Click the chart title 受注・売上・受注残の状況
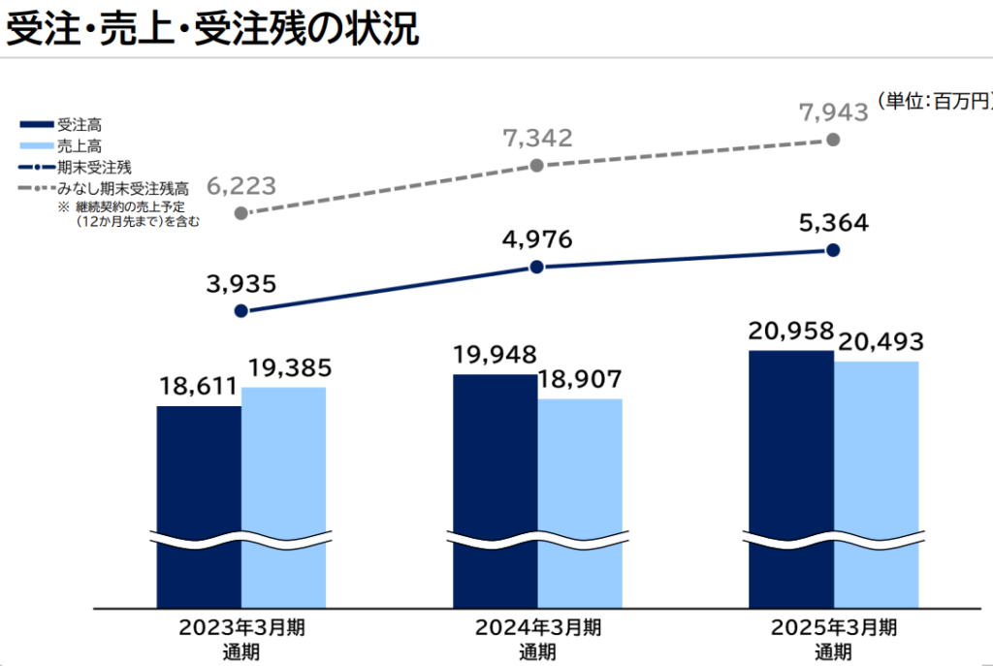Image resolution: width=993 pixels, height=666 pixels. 212,28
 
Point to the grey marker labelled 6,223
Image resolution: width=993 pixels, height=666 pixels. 241,212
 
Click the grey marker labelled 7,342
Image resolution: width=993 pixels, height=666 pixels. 538,166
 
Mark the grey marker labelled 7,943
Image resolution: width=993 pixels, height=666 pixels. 833,140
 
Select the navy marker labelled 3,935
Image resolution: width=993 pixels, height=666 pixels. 241,311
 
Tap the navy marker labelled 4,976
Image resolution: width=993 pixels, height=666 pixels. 538,267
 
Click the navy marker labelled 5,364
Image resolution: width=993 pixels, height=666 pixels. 833,249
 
